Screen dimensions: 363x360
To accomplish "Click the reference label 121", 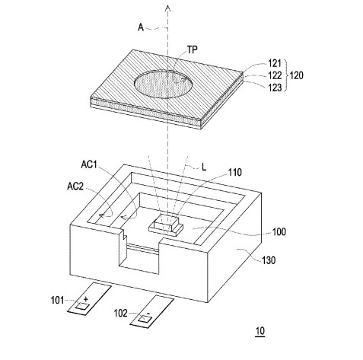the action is [275, 63].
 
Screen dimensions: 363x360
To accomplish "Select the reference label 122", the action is [275, 75].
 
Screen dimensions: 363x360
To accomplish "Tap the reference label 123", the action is [275, 88].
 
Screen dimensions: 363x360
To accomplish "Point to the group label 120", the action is [296, 75].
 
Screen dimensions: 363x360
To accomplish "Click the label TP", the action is [193, 49].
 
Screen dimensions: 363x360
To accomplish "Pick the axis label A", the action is [141, 27].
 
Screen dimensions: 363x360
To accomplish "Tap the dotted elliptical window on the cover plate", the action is [163, 84].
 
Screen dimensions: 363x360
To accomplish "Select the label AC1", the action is [89, 164].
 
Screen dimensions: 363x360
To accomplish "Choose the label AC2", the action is [75, 186].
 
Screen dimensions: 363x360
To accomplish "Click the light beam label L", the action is [204, 167].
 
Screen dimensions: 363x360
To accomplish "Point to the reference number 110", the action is [235, 173].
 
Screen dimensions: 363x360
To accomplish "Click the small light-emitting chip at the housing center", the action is [166, 223].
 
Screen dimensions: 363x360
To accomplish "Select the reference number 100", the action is [279, 232].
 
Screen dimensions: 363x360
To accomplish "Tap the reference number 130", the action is [269, 260].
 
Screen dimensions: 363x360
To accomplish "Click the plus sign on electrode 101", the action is [86, 299].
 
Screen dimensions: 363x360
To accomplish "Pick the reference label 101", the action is [57, 301].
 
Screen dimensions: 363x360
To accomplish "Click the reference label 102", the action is [120, 314].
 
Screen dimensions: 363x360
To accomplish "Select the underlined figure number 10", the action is [260, 331].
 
